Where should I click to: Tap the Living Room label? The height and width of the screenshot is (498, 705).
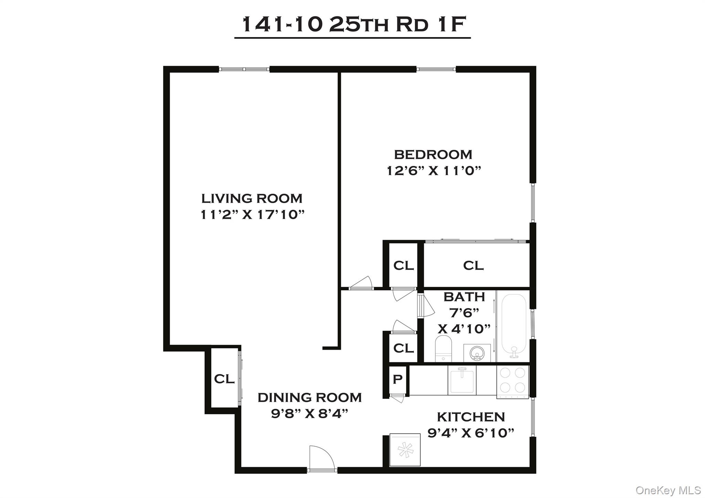pyautogui.click(x=252, y=199)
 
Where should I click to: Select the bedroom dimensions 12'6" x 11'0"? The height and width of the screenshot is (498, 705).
pyautogui.click(x=433, y=171)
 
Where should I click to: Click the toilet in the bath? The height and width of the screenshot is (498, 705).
pyautogui.click(x=443, y=348)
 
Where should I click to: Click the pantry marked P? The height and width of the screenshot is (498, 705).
pyautogui.click(x=398, y=379)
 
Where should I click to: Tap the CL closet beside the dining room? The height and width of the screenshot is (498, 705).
pyautogui.click(x=224, y=379)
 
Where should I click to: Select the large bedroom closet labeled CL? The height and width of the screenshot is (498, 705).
pyautogui.click(x=473, y=265)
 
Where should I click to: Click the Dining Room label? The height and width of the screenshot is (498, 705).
pyautogui.click(x=309, y=398)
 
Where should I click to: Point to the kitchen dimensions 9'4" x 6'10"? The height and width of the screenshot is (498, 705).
pyautogui.click(x=471, y=433)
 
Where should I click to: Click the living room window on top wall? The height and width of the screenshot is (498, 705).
pyautogui.click(x=244, y=69)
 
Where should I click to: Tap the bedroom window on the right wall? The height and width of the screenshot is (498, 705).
pyautogui.click(x=533, y=203)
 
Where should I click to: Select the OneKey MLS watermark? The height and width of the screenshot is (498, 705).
pyautogui.click(x=668, y=490)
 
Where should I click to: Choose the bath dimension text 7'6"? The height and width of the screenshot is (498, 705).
pyautogui.click(x=464, y=313)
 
